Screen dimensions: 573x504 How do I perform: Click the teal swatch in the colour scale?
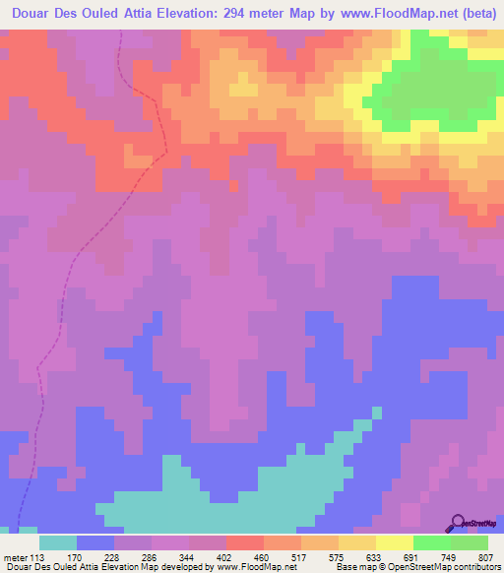click(x=58, y=542)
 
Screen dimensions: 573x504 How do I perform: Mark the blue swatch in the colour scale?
click(x=95, y=542)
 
